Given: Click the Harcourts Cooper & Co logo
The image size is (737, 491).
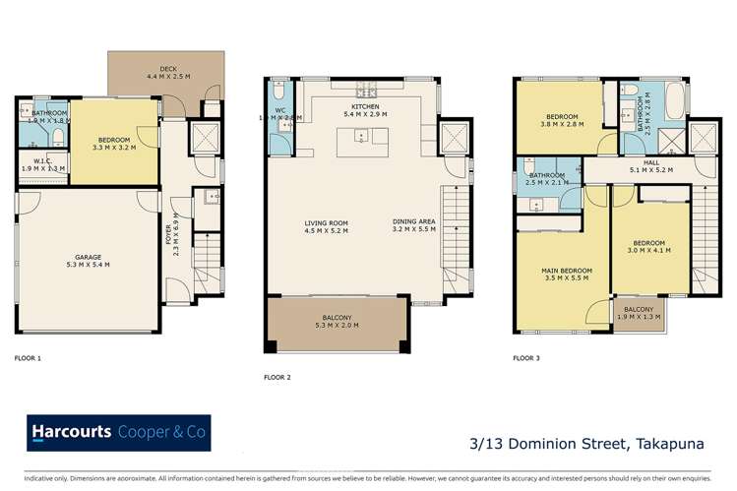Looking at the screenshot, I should click(x=118, y=433).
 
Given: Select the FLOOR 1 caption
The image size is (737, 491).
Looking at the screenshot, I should click(x=29, y=359).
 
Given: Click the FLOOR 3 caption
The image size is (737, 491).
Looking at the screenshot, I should click(x=526, y=359).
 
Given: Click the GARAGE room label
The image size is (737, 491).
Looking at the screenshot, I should click(x=83, y=259).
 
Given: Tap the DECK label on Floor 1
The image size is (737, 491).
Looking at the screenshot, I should click(x=164, y=71).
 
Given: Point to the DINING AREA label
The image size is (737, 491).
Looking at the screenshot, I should click(x=412, y=222).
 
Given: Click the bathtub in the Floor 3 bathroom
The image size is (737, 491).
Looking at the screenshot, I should click(x=680, y=100).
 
